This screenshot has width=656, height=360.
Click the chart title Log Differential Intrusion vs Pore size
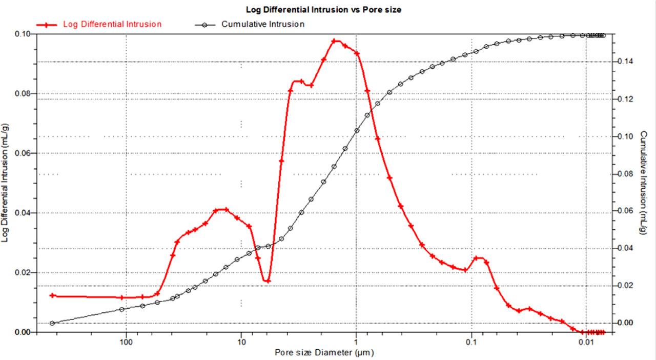(323, 10)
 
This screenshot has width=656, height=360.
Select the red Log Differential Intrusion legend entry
(112, 24)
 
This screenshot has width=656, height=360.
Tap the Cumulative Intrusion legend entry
(262, 24)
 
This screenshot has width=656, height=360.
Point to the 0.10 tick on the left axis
(23, 34)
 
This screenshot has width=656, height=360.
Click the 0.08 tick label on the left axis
(23, 94)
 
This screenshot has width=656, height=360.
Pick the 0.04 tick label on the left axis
(23, 213)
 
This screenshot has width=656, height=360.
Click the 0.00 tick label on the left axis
(23, 332)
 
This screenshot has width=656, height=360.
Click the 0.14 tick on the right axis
(625, 62)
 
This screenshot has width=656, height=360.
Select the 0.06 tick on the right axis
(625, 211)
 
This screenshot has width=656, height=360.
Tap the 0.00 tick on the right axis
(625, 323)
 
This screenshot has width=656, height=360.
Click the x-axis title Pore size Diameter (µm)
(324, 352)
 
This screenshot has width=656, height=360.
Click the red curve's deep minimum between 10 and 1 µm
(267, 281)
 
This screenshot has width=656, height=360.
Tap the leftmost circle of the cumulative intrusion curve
(52, 323)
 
